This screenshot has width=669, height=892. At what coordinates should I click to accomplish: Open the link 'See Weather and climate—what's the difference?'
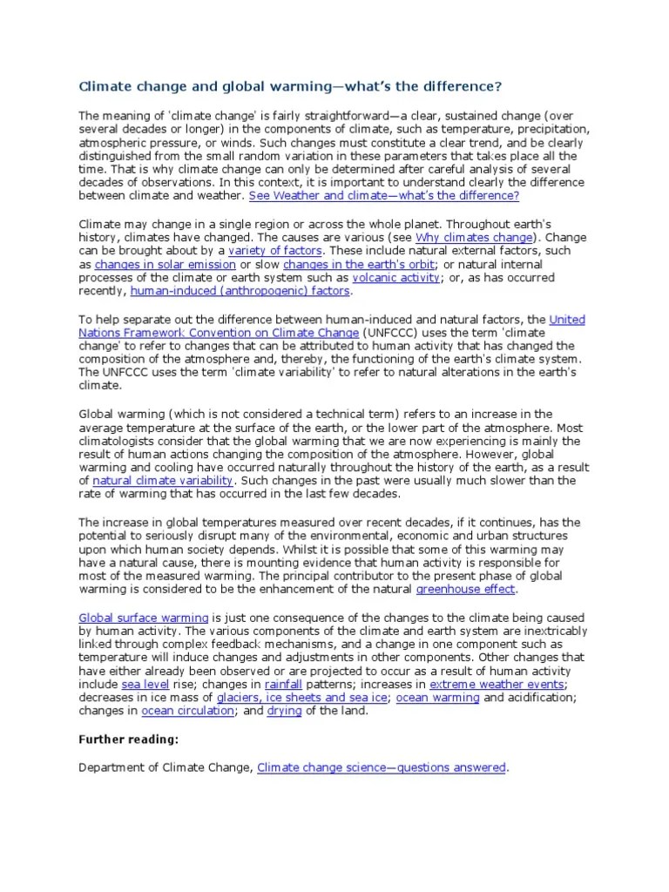[383, 197]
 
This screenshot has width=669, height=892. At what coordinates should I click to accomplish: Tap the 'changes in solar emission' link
[166, 264]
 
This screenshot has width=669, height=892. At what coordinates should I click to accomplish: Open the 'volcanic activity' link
[396, 277]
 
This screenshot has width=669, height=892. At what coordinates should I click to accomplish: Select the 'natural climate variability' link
[162, 480]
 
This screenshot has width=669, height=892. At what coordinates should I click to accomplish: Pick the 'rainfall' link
[282, 685]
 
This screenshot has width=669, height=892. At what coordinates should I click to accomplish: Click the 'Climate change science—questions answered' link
[382, 767]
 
